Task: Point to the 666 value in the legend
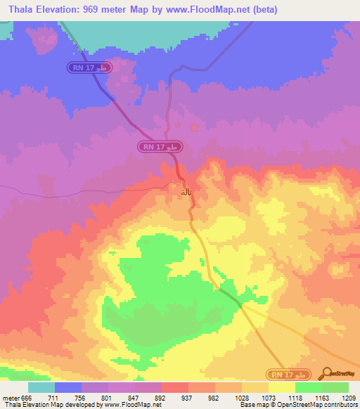[x=27, y=397]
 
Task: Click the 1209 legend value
[x=349, y=397]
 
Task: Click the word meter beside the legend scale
[x=9, y=397]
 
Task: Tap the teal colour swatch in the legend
[x=41, y=387]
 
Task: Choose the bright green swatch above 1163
[x=309, y=387]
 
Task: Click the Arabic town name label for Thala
[x=186, y=191]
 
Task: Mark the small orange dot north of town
[x=195, y=128]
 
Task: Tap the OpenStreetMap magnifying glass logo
[x=328, y=373]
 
